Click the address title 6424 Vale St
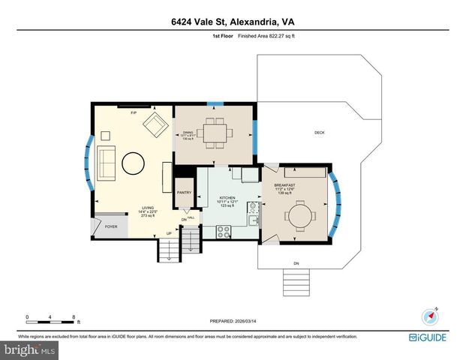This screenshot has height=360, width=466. tap(233, 22)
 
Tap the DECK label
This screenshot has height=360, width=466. tap(319, 133)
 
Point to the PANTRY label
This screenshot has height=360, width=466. tap(184, 193)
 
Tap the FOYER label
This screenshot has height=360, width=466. tap(111, 226)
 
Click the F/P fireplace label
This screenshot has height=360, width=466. tap(134, 112)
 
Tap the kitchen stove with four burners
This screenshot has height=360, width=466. tap(224, 232)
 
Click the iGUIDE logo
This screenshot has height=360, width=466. tap(430, 337)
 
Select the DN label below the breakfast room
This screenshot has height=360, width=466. tap(296, 263)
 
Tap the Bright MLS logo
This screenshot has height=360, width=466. tap(29, 350)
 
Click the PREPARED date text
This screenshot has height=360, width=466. tap(232, 320)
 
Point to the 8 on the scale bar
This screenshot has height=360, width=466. tap(74, 316)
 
